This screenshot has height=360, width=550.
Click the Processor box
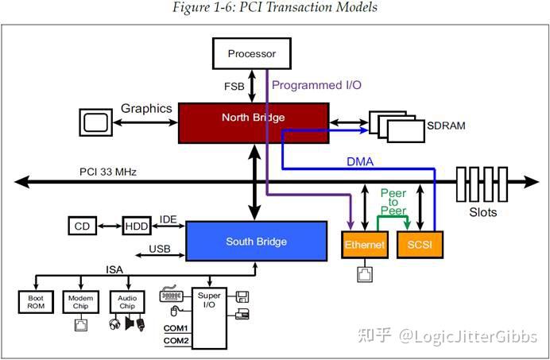point(251,54)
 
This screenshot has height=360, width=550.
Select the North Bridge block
point(253,118)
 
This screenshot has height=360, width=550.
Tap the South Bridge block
point(256,242)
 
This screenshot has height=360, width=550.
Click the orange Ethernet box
point(364,245)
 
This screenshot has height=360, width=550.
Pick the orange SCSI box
point(420,245)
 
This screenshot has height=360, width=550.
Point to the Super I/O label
point(209,300)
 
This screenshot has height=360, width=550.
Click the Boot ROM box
point(35,302)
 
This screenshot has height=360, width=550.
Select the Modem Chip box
point(80,302)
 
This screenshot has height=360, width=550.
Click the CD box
point(82,226)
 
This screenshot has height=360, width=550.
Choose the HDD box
point(136,226)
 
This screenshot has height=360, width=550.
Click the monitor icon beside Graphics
point(97,123)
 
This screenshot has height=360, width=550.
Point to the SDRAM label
point(447,126)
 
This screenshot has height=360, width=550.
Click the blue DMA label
point(359,161)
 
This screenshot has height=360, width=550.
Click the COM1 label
point(176,327)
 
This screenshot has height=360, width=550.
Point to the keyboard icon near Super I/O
point(171,296)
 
